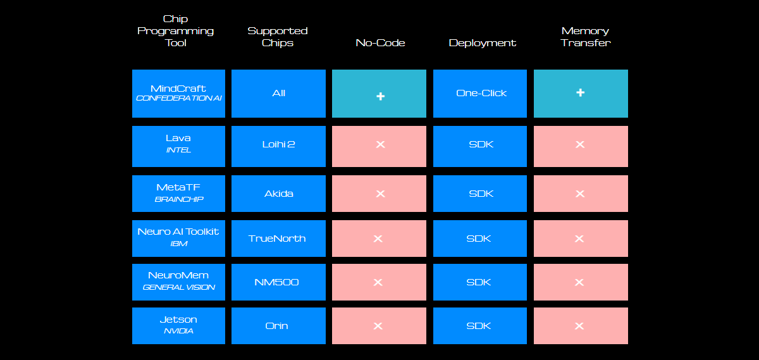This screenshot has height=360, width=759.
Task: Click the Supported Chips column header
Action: point(278,37)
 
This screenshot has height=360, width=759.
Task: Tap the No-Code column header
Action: point(380,43)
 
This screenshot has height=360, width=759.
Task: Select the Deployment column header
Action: point(482,43)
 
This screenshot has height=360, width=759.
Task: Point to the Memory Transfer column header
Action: point(585,37)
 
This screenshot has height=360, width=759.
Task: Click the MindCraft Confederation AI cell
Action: point(178,94)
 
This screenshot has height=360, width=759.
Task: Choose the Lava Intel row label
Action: point(178,146)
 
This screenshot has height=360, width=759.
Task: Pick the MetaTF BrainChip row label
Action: point(178,194)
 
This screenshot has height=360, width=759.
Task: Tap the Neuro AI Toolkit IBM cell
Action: point(178,239)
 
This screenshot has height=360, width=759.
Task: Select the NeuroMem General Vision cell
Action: point(178,282)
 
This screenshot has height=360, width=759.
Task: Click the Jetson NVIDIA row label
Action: point(178,326)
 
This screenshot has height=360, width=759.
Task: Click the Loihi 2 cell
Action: point(278,146)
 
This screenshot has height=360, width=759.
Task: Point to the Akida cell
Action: point(278,194)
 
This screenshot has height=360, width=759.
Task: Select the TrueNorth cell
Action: point(278,239)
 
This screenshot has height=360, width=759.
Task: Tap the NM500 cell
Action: point(278,282)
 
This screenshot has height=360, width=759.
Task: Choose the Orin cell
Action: point(278,326)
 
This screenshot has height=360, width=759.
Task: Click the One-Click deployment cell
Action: point(480,94)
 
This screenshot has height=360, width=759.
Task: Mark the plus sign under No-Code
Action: point(381,96)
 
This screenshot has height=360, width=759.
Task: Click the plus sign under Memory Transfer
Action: point(581,92)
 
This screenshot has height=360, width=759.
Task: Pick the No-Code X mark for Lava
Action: point(381,144)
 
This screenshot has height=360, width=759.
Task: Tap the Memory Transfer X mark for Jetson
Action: point(579,326)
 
